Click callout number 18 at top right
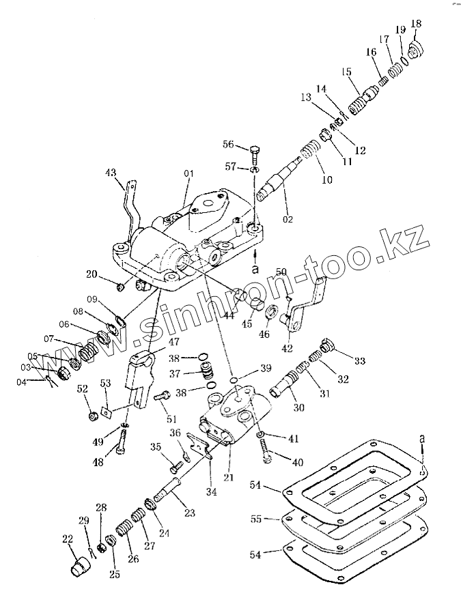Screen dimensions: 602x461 click(416, 24)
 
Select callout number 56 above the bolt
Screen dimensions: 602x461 click(228, 145)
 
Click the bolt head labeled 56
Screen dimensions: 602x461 click(254, 149)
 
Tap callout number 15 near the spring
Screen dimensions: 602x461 click(346, 72)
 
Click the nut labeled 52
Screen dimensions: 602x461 click(89, 416)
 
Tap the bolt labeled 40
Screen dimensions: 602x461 click(265, 448)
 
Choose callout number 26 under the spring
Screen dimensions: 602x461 click(133, 558)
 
